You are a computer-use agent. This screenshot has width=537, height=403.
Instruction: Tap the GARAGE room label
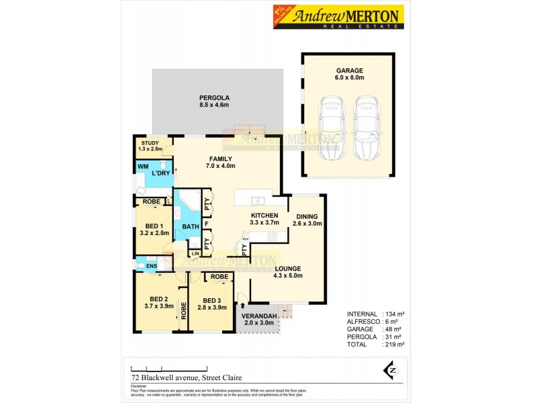click(x=350, y=70)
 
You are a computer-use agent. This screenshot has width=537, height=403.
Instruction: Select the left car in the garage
click(x=330, y=129)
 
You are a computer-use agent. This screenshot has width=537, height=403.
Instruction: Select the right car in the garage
click(x=365, y=129)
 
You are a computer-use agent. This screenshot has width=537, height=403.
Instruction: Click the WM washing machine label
click(x=143, y=165)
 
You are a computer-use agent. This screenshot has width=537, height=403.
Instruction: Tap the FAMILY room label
click(x=220, y=159)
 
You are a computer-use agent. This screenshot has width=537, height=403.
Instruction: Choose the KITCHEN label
click(x=264, y=215)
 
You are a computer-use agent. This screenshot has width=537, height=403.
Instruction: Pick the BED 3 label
click(x=211, y=300)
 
